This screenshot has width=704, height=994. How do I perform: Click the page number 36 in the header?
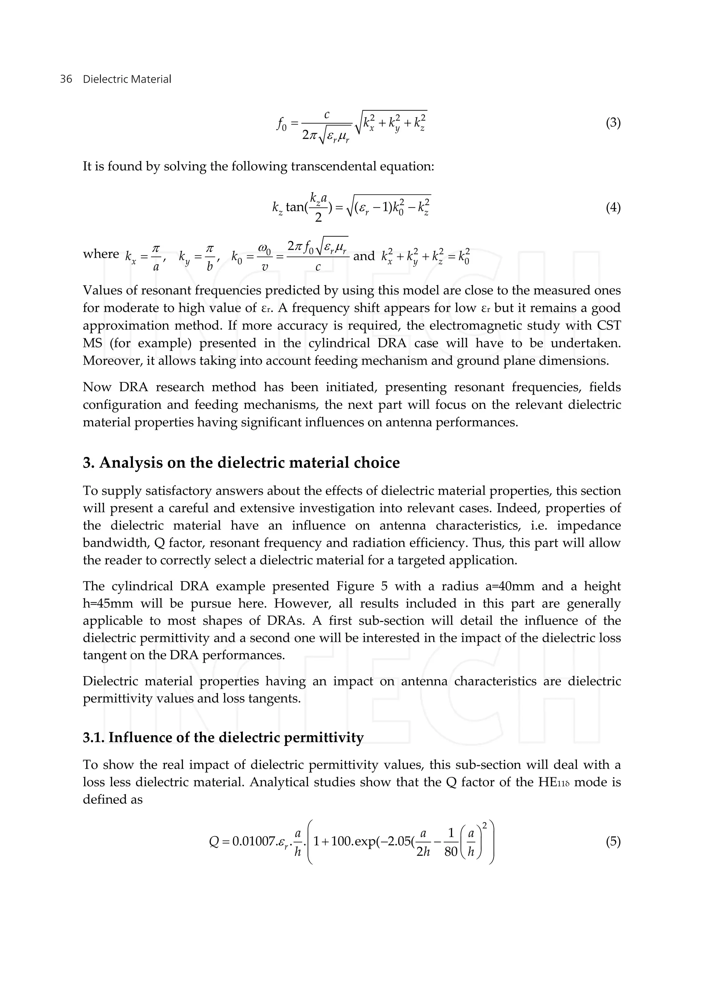tap(66, 79)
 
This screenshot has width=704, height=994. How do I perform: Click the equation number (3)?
tap(613, 123)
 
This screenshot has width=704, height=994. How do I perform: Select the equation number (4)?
tap(613, 208)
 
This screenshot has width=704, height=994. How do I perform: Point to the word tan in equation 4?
tap(295, 207)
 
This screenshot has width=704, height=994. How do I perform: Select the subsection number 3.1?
tap(93, 738)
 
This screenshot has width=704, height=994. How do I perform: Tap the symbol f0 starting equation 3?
tap(281, 125)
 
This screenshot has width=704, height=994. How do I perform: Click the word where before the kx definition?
tap(101, 254)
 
